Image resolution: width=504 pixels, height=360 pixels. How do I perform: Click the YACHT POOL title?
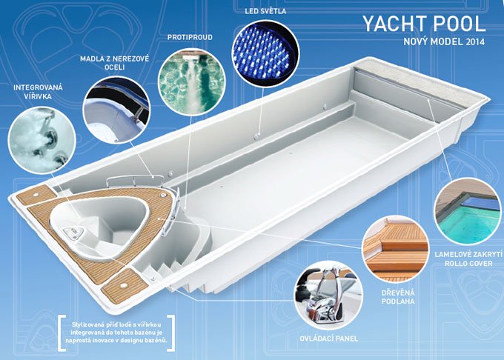[x=424, y=24]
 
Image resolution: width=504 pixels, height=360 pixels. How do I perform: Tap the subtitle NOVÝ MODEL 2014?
[x=444, y=41]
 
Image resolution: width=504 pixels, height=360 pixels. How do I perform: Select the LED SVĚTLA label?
[x=265, y=11]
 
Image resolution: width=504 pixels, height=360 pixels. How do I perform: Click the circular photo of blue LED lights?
[x=265, y=53]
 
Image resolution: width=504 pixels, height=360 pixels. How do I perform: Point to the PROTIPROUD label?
[x=190, y=37]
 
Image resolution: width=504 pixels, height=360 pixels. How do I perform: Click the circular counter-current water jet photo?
[x=192, y=82]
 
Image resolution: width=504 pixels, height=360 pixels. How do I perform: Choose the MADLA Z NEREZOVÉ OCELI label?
[x=114, y=63]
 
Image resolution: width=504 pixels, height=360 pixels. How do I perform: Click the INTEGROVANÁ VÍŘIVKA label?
[x=39, y=92]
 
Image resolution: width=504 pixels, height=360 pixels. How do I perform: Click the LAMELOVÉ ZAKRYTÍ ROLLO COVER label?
[x=468, y=259]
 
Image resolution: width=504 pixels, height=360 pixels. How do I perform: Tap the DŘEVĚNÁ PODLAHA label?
[x=398, y=297]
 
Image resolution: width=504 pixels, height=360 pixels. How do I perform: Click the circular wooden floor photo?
[x=396, y=249]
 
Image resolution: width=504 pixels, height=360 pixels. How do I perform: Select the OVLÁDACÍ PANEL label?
[x=328, y=339]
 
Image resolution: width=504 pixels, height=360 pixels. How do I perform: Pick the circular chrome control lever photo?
[x=329, y=295]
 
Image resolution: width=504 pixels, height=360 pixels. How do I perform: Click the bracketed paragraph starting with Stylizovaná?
[x=116, y=332]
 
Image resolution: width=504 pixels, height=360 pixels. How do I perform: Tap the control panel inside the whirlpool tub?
[x=73, y=233]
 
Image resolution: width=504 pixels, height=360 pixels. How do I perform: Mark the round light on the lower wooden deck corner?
[x=123, y=285]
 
